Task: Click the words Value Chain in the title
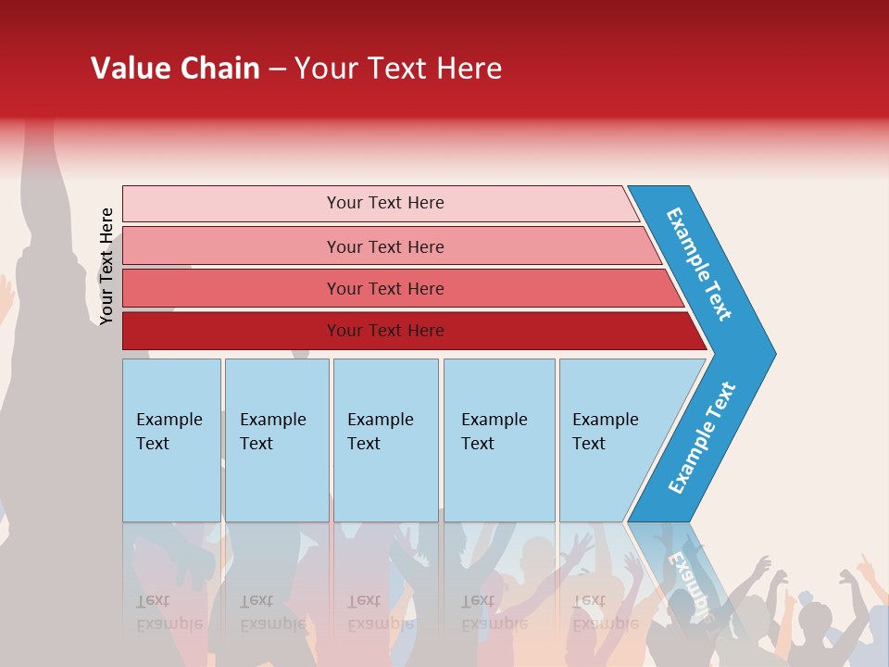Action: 175,69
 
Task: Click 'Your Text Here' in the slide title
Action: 398,69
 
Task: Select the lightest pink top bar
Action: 380,203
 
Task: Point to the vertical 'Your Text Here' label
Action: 107,267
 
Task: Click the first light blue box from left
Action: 171,439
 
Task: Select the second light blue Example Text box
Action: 276,439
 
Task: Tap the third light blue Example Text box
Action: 385,439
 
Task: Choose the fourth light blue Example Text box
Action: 498,439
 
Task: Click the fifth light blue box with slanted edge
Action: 611,439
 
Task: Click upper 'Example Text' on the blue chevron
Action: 699,264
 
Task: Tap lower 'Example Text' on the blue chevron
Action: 702,437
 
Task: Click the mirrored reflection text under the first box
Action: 169,611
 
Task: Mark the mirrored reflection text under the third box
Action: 380,611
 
